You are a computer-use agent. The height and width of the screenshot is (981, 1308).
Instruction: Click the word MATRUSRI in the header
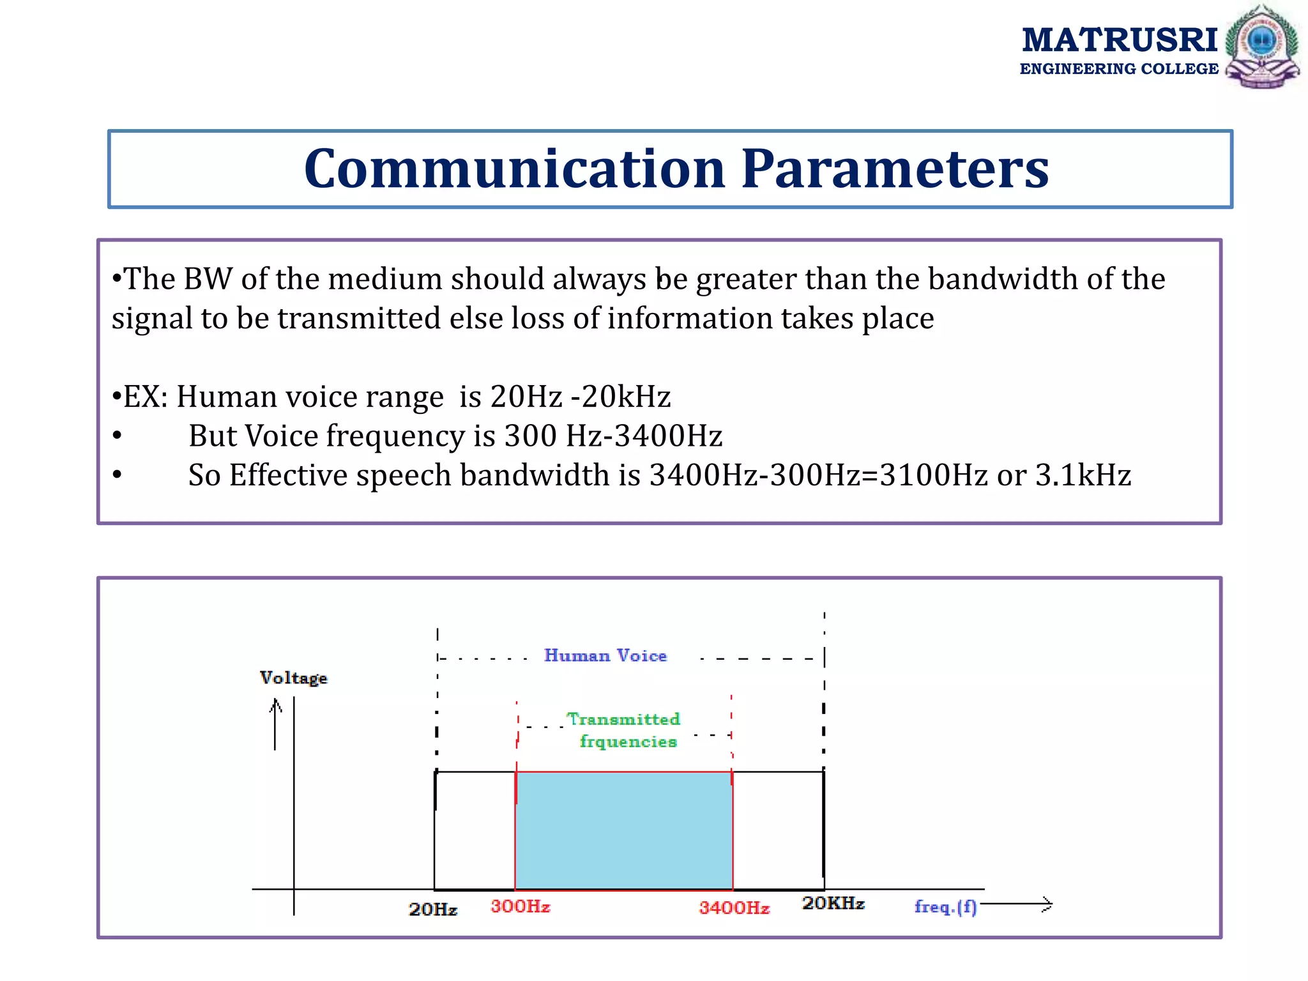(1119, 40)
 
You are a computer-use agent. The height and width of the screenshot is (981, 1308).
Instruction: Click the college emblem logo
(1261, 47)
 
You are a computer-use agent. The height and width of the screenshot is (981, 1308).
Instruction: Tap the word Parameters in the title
(894, 169)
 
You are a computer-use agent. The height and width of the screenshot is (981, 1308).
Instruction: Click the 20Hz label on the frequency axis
(432, 909)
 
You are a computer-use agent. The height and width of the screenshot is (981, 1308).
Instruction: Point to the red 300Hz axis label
(520, 907)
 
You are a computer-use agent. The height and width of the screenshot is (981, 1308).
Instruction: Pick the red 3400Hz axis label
(734, 908)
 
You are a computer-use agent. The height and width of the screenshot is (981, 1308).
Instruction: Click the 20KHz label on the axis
(833, 904)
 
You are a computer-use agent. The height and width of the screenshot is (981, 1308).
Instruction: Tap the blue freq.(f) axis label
(945, 907)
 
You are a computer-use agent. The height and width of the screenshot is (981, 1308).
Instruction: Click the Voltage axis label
(293, 678)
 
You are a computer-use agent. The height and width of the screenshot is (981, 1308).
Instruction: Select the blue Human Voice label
(605, 656)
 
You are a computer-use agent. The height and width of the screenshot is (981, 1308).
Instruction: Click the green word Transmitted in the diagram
(623, 720)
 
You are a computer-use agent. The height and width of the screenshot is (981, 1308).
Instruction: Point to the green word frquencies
(628, 742)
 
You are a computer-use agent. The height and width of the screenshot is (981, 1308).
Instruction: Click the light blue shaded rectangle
(623, 830)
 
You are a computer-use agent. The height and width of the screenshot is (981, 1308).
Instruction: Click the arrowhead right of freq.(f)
(1045, 904)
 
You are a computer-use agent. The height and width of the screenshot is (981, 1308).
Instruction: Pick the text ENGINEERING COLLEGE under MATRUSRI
(1118, 69)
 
